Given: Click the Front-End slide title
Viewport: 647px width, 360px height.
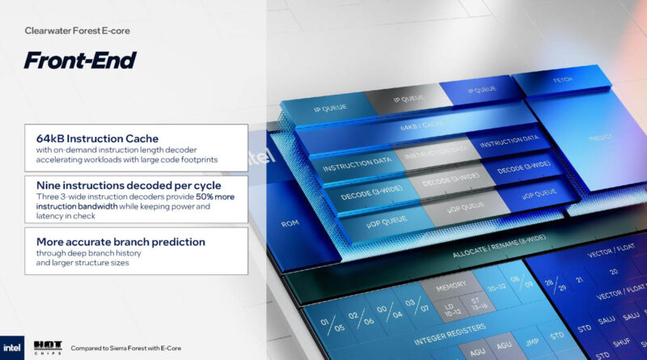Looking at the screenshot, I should [x=79, y=60].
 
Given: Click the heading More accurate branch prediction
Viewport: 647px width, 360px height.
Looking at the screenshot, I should [x=121, y=241].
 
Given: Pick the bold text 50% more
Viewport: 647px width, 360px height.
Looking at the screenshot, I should [x=188, y=197].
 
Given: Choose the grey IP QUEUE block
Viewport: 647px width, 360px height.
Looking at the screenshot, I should [x=408, y=99].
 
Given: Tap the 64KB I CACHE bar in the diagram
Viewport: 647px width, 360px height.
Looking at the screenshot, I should [x=421, y=126].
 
